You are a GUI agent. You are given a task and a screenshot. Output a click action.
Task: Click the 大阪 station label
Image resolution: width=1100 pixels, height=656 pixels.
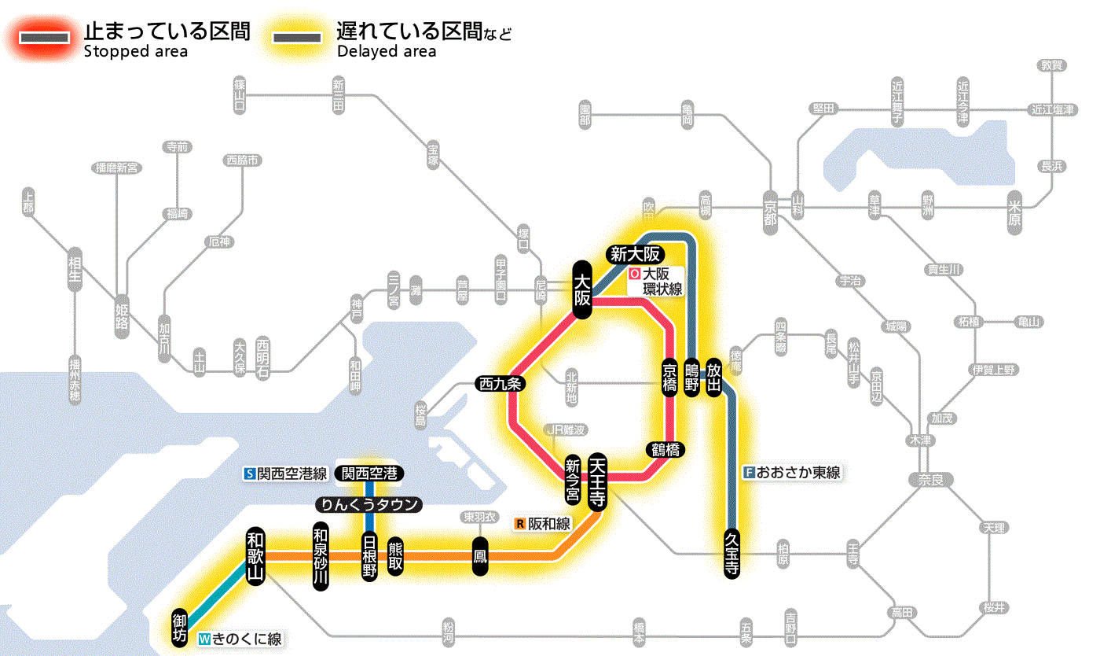(581, 289)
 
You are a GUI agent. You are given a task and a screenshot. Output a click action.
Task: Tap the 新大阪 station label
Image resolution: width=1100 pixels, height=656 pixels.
(636, 254)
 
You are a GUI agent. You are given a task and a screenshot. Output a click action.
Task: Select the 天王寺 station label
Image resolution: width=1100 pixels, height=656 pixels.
(597, 482)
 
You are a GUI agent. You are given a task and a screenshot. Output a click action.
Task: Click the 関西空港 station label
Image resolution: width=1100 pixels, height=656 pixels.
(369, 474)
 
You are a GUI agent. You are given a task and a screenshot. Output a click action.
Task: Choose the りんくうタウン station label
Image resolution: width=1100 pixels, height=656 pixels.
(369, 505)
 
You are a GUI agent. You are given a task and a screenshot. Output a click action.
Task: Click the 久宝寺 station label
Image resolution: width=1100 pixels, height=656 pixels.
(731, 554)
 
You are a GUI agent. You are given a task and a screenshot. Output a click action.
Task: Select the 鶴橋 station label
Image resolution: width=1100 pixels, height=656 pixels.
(666, 450)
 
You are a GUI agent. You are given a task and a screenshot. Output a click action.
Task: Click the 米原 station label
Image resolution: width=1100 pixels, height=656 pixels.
(1015, 212)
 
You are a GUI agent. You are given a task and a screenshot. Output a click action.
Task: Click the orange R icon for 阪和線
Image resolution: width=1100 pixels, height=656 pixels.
(519, 523)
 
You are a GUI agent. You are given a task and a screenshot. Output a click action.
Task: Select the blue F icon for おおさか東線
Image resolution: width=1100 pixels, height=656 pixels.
(749, 473)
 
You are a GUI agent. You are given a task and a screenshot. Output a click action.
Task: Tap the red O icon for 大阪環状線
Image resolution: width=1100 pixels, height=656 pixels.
(634, 275)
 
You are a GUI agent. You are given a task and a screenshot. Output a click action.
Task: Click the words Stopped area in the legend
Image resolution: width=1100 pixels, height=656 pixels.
(136, 52)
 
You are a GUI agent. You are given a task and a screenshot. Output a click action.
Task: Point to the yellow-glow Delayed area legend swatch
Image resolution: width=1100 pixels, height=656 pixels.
(297, 37)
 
